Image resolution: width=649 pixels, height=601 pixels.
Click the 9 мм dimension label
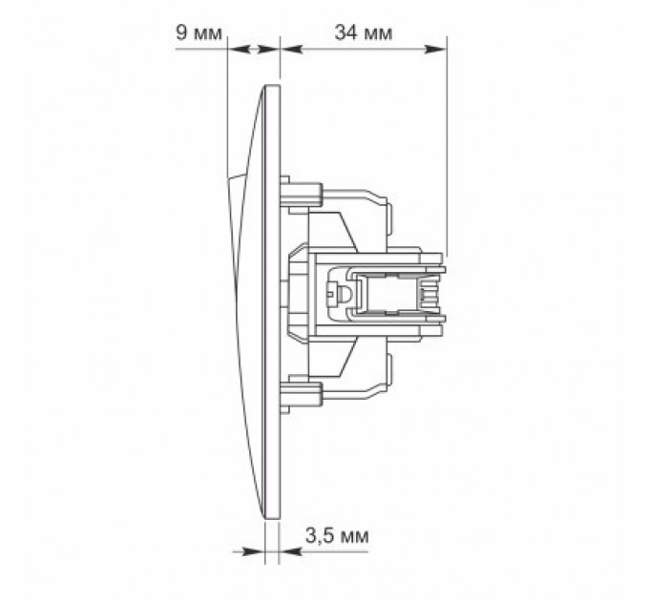pos(199,32)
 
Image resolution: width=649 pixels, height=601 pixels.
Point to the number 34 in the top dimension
pos(345,32)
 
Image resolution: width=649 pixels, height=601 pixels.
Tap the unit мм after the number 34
pos(377,34)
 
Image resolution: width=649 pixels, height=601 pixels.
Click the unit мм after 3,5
pos(353,538)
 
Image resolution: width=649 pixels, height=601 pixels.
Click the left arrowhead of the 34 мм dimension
pos(291,50)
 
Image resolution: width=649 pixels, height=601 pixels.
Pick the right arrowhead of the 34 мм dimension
pos(436,50)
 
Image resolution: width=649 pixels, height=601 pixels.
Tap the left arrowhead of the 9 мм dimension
pos(240,50)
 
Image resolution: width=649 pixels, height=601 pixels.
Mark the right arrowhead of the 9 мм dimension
pos(268,50)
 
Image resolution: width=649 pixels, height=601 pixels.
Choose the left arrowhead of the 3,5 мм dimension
pos(253,551)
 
